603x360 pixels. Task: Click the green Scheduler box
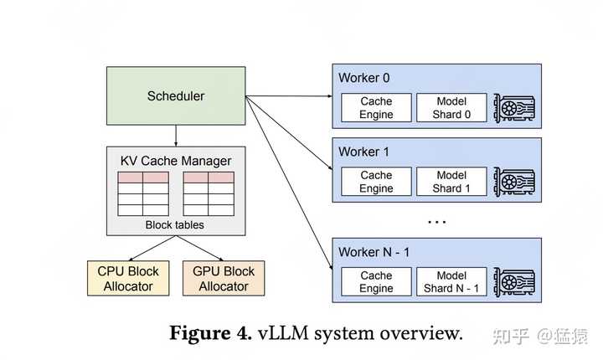[x=175, y=95]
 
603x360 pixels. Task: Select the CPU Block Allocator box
[x=128, y=278]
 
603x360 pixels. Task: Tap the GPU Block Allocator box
[x=224, y=278]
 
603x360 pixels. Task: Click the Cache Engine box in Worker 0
[x=376, y=107]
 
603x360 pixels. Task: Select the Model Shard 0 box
[x=451, y=107]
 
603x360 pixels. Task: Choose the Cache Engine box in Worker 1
[x=376, y=182]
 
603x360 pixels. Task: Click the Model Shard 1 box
[x=451, y=182]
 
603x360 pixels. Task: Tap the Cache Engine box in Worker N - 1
[x=376, y=282]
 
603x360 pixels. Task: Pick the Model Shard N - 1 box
[x=451, y=282]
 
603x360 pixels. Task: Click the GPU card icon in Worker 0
[x=514, y=107]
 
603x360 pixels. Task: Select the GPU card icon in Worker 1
[x=514, y=182]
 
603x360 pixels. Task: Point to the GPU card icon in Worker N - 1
[x=514, y=282]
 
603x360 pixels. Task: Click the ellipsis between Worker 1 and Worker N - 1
[x=436, y=222]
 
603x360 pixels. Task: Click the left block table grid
[x=143, y=193]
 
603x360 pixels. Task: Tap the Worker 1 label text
[x=364, y=152]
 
